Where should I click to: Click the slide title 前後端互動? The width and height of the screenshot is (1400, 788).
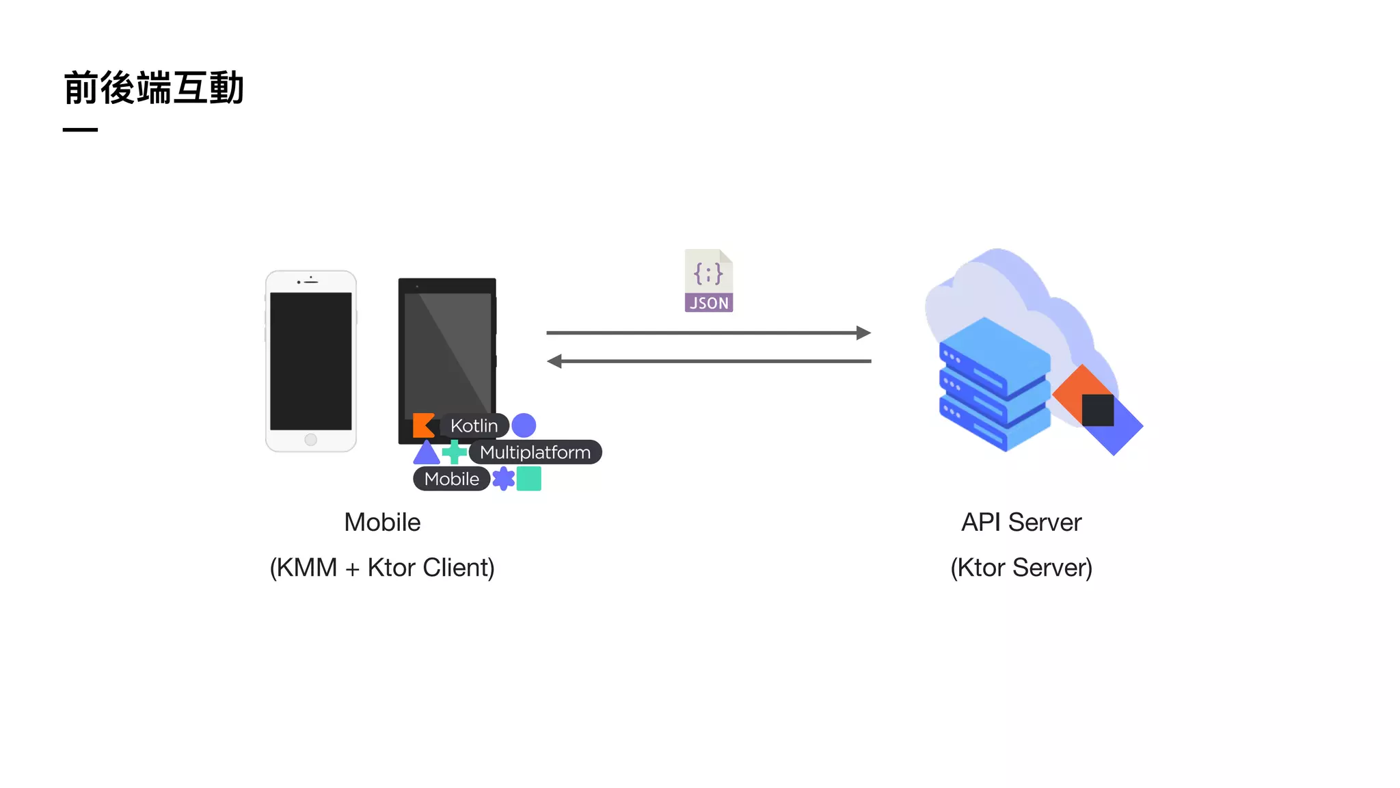click(154, 88)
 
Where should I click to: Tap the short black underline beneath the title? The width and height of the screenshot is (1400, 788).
click(80, 129)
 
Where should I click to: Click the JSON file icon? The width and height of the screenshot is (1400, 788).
click(709, 281)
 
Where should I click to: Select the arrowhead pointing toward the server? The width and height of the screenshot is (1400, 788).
click(864, 333)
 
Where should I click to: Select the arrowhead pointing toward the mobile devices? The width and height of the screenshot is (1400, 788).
click(554, 361)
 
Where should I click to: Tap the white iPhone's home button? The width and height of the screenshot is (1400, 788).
click(310, 440)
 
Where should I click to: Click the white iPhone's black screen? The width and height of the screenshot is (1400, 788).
click(310, 360)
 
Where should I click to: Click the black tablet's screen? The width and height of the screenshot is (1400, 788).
click(447, 349)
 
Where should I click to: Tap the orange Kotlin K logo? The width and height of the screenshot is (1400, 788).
click(423, 425)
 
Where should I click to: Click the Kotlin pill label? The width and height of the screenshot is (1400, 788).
click(474, 425)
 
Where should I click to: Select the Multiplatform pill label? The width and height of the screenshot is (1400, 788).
click(535, 452)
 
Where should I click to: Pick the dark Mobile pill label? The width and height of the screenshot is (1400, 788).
click(451, 479)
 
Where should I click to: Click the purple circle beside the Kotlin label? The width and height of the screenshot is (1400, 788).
click(524, 425)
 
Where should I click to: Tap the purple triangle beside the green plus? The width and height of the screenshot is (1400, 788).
click(427, 453)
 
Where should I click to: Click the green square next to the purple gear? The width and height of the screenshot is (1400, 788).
click(528, 479)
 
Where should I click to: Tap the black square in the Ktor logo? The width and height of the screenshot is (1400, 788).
click(1098, 410)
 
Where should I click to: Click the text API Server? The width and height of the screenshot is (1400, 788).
click(1021, 523)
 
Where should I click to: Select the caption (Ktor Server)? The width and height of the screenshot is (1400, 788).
click(1021, 568)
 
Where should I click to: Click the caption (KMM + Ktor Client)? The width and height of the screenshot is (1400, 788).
click(382, 568)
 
